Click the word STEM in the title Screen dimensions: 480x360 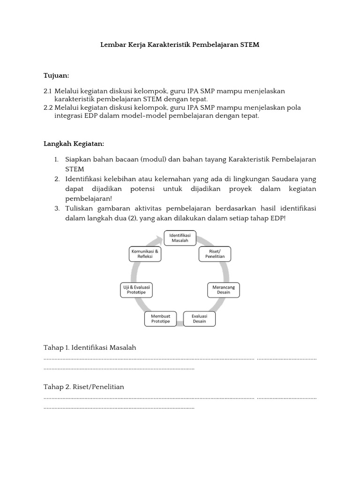(x=249, y=45)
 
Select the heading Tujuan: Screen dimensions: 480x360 (x=56, y=75)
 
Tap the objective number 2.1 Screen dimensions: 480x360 (x=47, y=91)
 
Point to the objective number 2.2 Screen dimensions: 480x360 (x=48, y=108)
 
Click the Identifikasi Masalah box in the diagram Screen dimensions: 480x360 (x=180, y=237)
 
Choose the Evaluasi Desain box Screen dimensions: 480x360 (x=199, y=319)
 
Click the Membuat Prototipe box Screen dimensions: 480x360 (x=160, y=319)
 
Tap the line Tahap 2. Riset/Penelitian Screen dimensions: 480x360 (x=83, y=387)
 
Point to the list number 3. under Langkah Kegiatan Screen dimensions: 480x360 (x=56, y=208)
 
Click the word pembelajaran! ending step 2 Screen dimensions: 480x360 (x=87, y=198)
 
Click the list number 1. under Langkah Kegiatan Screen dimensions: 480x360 (x=56, y=159)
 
